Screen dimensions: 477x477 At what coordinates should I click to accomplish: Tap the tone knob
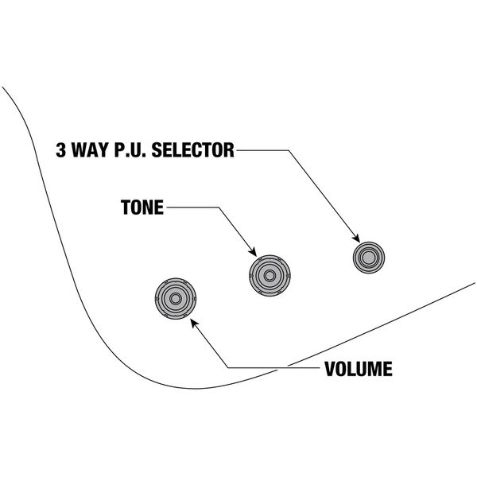point(267,275)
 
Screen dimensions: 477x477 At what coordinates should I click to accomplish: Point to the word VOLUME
point(357,369)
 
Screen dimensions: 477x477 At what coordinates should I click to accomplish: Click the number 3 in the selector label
point(60,150)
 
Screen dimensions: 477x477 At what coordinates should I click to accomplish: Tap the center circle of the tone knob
point(267,275)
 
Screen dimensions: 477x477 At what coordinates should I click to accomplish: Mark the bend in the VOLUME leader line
point(229,368)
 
